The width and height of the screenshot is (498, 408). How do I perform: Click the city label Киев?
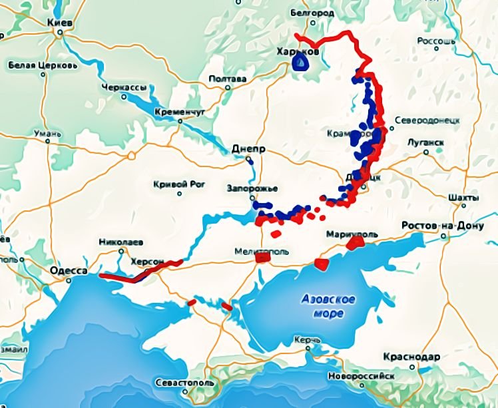pos(60,23)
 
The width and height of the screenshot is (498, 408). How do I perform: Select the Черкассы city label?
pos(124,87)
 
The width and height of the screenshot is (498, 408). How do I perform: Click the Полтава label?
pos(228,79)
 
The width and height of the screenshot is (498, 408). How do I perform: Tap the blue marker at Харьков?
pos(301,63)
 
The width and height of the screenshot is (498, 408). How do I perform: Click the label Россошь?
pos(436,41)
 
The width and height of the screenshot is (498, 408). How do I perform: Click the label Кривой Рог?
pos(178,184)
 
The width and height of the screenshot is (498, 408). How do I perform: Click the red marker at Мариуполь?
pos(354,244)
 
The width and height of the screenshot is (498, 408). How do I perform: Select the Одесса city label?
pos(69,271)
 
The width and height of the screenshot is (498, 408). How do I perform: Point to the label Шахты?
pos(463,198)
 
